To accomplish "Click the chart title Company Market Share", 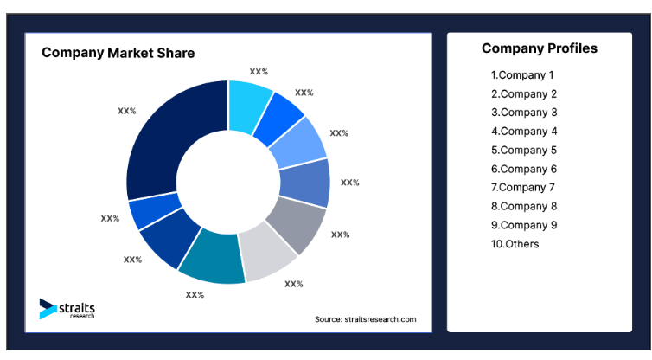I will pyautogui.click(x=118, y=53).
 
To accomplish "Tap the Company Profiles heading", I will pyautogui.click(x=539, y=48).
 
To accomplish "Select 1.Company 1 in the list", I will pyautogui.click(x=522, y=75).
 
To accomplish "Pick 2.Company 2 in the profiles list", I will pyautogui.click(x=524, y=93).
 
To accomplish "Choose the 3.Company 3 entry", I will pyautogui.click(x=524, y=112).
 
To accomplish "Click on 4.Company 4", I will pyautogui.click(x=524, y=132).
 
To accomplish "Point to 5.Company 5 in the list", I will pyautogui.click(x=524, y=150).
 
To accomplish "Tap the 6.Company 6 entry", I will pyautogui.click(x=524, y=169).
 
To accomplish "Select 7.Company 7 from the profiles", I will pyautogui.click(x=524, y=187).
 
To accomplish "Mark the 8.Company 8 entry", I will pyautogui.click(x=524, y=206).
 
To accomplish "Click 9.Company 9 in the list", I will pyautogui.click(x=524, y=225).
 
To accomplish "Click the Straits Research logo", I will pyautogui.click(x=67, y=309).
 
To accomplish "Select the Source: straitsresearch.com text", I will pyautogui.click(x=365, y=319).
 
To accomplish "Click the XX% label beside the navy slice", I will pyautogui.click(x=127, y=111).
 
